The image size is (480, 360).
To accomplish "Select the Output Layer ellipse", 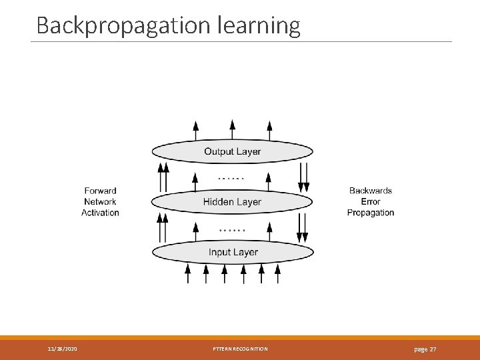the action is pyautogui.click(x=232, y=151).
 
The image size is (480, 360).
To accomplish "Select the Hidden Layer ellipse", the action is pyautogui.click(x=232, y=201).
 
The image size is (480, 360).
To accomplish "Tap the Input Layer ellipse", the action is pyautogui.click(x=233, y=252).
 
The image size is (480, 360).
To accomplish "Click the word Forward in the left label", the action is pyautogui.click(x=100, y=191).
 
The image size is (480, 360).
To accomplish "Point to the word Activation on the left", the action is pyautogui.click(x=100, y=213).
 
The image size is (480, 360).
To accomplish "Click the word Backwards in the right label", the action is pyautogui.click(x=371, y=191).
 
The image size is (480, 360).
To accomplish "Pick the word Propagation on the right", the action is pyautogui.click(x=371, y=213).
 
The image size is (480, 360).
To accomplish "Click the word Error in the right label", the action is pyautogui.click(x=371, y=201).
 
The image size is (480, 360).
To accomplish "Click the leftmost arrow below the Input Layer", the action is pyautogui.click(x=187, y=273).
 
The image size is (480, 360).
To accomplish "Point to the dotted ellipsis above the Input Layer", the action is pyautogui.click(x=232, y=230).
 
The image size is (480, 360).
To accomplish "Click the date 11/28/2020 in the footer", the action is pyautogui.click(x=62, y=349).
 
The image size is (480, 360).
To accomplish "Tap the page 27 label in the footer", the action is pyautogui.click(x=425, y=349).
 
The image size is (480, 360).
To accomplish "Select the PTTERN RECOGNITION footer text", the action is pyautogui.click(x=240, y=349).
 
